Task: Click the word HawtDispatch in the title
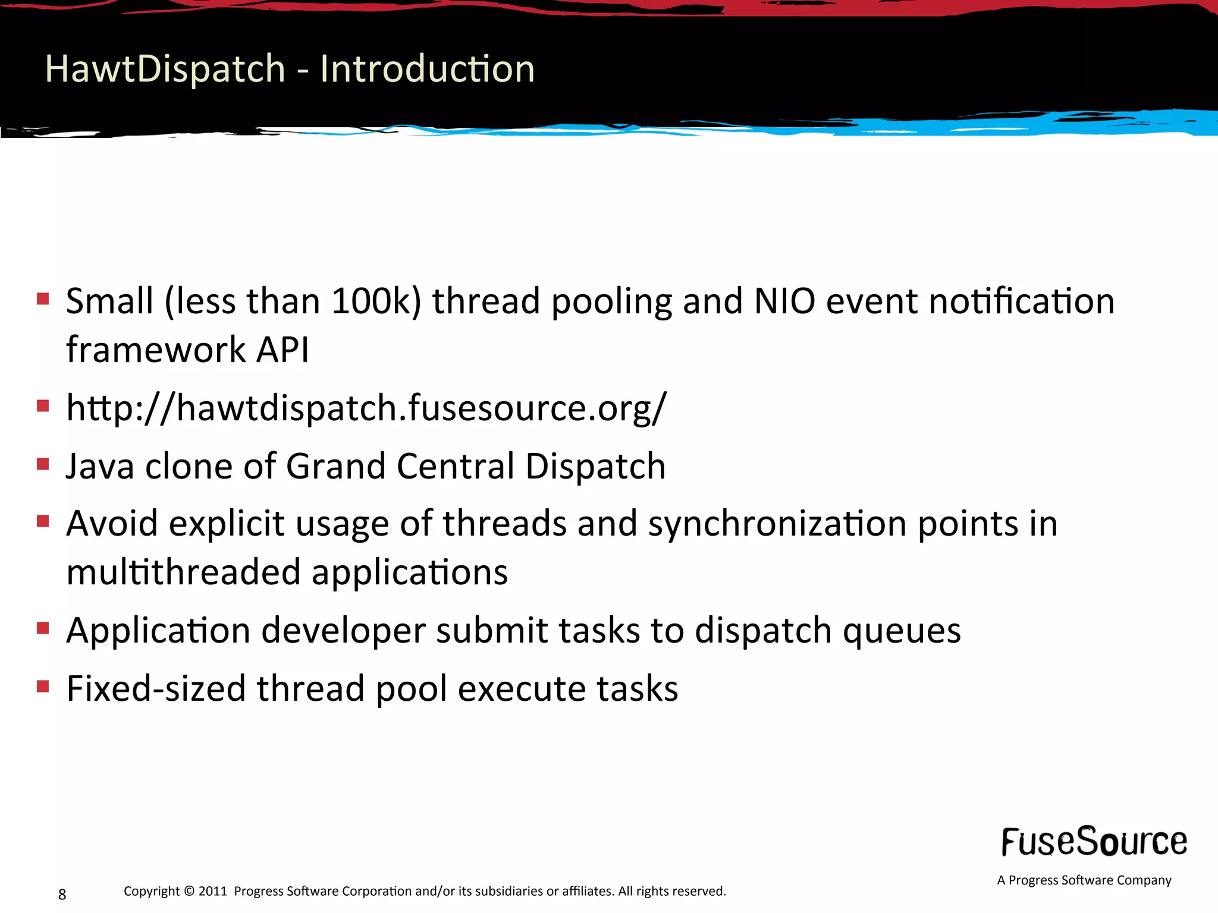(165, 69)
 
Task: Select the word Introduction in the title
(427, 69)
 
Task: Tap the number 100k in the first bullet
(376, 301)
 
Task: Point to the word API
(282, 350)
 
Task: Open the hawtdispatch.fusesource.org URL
(366, 409)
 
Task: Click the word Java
(100, 466)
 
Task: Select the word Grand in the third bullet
(335, 466)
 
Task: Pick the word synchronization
(777, 524)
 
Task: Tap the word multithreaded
(183, 572)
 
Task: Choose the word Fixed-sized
(156, 688)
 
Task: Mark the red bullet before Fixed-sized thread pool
(43, 687)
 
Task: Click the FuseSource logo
(1094, 842)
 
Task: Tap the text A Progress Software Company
(1084, 880)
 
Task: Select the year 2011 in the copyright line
(212, 891)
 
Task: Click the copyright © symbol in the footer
(189, 891)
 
